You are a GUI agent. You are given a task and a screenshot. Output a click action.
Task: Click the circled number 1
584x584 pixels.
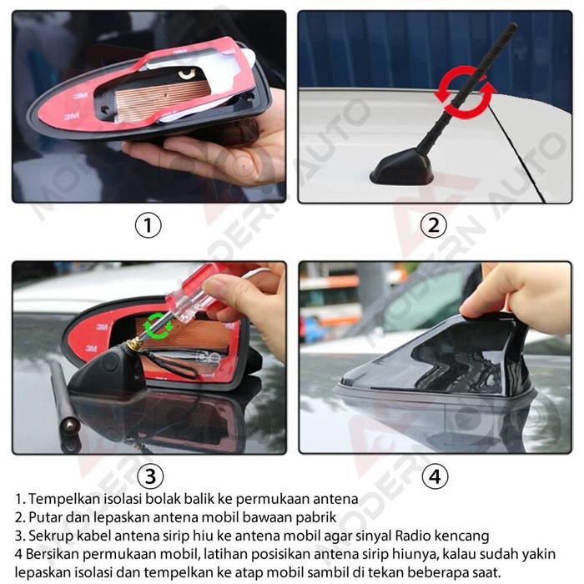[x=148, y=225]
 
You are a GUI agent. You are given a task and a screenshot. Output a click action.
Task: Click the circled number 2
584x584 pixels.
[x=434, y=225]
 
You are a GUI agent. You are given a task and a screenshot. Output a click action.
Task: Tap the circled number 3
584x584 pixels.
[x=150, y=476]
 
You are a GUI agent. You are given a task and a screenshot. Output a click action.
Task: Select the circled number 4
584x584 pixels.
[x=435, y=476]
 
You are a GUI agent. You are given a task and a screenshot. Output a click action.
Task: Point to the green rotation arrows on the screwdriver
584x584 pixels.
[x=159, y=325]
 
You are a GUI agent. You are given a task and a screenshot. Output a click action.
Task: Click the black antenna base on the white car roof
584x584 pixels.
[x=402, y=169]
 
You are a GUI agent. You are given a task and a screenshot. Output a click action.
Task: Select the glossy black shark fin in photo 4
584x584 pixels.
[x=440, y=358]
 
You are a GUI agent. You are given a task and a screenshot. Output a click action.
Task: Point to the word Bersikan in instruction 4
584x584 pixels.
[x=52, y=554]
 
